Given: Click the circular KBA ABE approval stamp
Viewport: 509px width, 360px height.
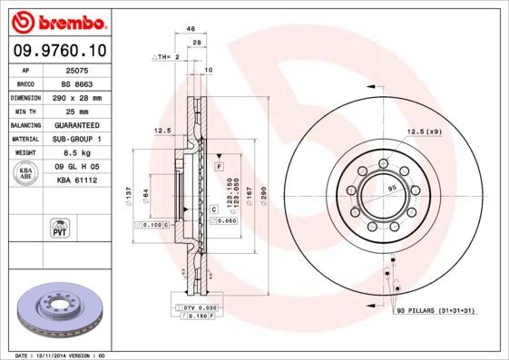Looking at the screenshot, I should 26,173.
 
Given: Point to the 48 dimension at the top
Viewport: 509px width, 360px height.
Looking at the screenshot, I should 191,29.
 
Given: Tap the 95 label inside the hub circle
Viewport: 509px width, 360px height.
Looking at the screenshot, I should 393,189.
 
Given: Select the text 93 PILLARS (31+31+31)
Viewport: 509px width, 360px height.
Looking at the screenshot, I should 436,311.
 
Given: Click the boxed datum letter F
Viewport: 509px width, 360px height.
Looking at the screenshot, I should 220,168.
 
